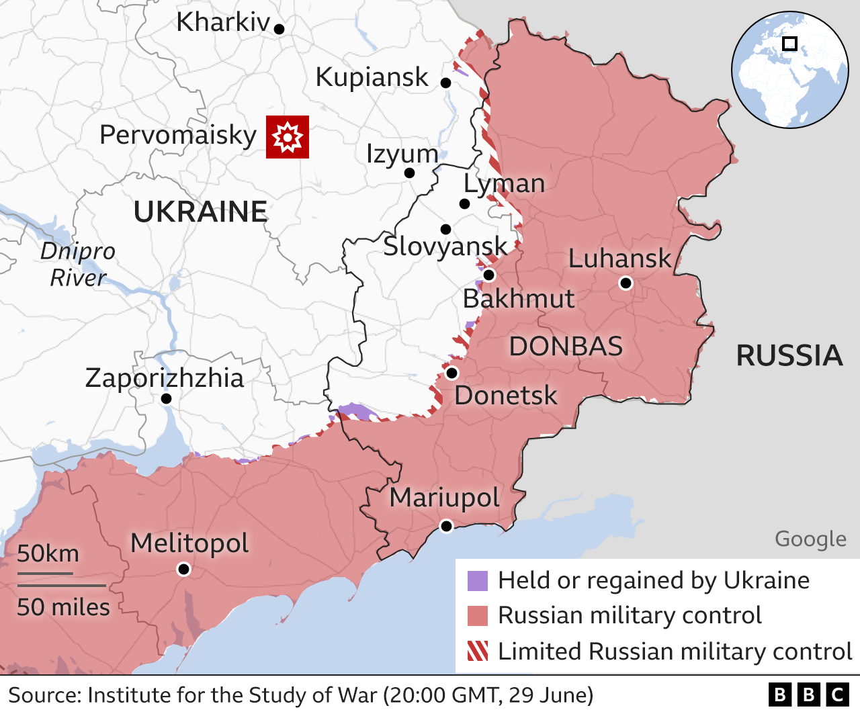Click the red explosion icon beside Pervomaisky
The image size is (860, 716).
tap(288, 137)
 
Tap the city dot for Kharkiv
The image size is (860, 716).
tap(279, 29)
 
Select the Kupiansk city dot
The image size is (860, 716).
tap(445, 83)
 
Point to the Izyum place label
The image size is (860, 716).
tap(402, 154)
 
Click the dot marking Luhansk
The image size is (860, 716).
tap(626, 283)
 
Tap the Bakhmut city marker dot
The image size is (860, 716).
tap(489, 275)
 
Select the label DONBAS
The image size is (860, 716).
tap(566, 347)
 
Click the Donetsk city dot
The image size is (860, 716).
tap(451, 373)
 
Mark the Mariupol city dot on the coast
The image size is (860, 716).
tap(446, 525)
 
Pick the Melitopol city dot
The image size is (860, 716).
tap(183, 570)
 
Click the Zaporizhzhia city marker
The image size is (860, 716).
tap(167, 399)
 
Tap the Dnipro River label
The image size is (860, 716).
tap(78, 264)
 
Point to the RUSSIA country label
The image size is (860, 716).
tap(789, 355)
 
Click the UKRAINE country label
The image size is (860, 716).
tap(200, 212)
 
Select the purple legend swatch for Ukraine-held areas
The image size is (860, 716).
tap(478, 580)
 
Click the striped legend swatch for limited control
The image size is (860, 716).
tap(478, 651)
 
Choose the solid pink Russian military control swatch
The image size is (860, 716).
tap(478, 615)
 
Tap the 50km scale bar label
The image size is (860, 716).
tap(48, 553)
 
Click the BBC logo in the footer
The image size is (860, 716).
tap(809, 695)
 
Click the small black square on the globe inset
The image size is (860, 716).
tap(790, 44)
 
